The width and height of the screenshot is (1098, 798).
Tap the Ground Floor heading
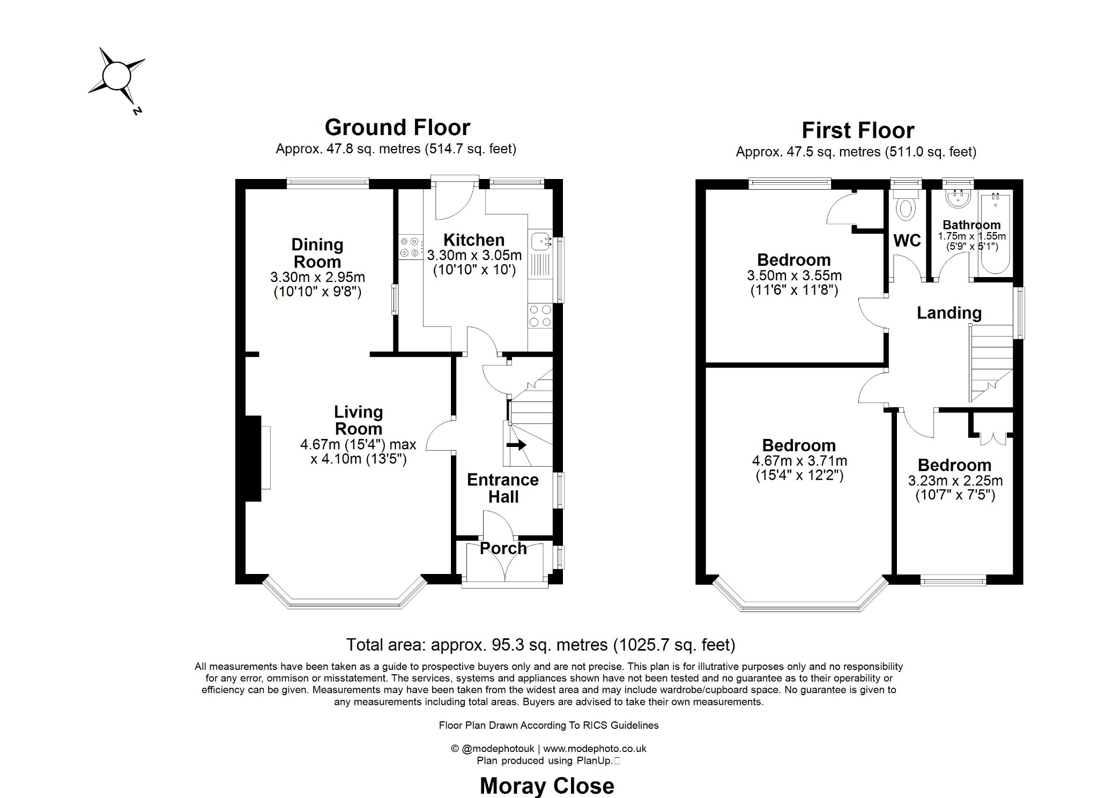pos(397,128)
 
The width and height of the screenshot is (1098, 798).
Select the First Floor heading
pos(858,131)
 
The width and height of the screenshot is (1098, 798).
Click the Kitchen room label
pos(474,240)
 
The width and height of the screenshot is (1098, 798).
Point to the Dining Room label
pos(317,253)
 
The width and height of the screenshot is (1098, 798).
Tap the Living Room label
pos(358,420)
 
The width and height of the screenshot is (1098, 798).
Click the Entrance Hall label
pos(503,488)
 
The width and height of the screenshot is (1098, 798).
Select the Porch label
pos(503,548)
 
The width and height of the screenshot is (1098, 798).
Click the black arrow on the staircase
pos(516,445)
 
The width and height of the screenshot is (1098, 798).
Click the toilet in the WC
pos(906,208)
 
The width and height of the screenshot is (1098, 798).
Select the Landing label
pos(949,313)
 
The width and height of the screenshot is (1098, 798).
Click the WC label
pos(907,241)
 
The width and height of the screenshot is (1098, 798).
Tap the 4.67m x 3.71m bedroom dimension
pos(799,461)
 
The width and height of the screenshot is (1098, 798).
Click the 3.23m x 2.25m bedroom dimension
pos(955,481)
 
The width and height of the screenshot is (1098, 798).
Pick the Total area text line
pos(540,645)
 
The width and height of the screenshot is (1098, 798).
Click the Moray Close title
pos(547,786)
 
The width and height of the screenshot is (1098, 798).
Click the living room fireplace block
pos(253,459)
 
